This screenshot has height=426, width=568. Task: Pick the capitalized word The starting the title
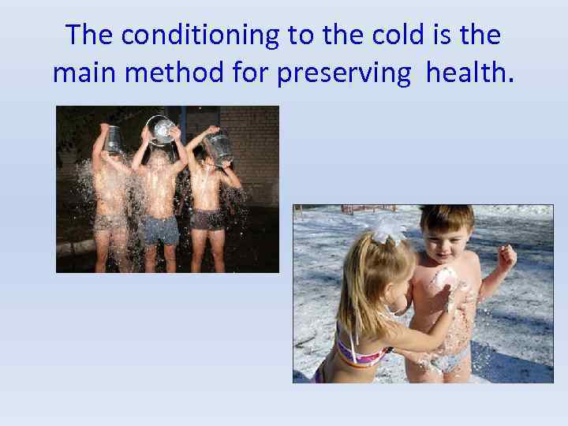pos(92,35)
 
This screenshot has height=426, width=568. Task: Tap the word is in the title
pos(431,35)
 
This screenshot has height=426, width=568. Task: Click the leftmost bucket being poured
pos(114,139)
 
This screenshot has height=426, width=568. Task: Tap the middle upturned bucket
pos(163,130)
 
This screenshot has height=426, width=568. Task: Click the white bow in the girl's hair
pos(388,229)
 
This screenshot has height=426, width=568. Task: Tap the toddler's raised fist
pos(505,256)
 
